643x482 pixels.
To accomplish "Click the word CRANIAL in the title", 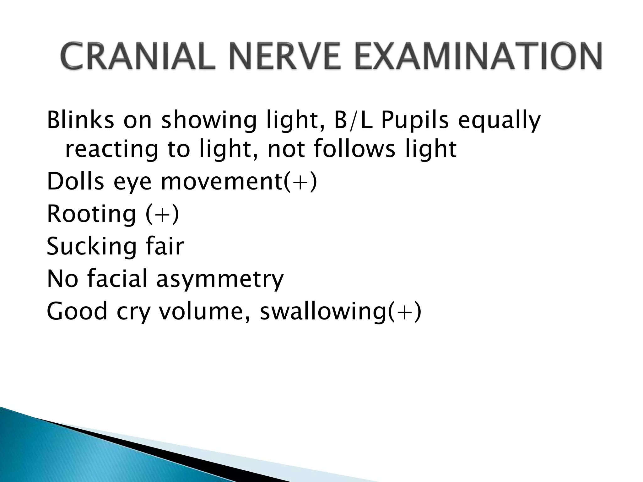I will pyautogui.click(x=138, y=57).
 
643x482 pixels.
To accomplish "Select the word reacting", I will pyautogui.click(x=111, y=150).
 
